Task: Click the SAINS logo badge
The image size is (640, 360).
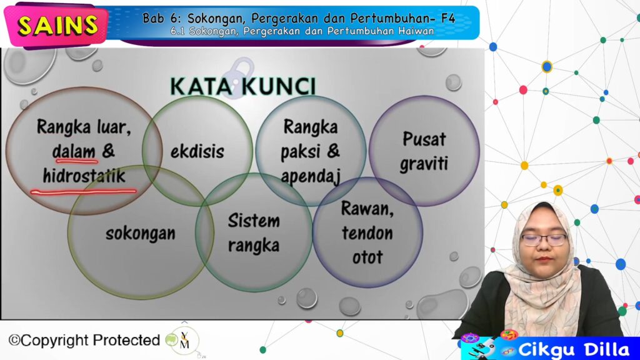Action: point(57,25)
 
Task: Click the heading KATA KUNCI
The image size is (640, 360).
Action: point(243,86)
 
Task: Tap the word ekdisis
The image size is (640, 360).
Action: point(197,151)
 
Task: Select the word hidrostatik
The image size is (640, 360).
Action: point(84,176)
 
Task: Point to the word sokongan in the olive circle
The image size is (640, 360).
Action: point(141,234)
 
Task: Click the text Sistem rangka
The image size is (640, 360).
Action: point(254,233)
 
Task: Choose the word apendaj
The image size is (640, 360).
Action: point(311,177)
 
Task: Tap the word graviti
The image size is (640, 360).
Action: point(424,164)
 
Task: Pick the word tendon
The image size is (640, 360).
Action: point(367,233)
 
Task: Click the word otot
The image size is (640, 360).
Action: point(367,257)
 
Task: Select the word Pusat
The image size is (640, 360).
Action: point(424,139)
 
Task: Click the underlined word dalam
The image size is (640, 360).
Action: point(74,151)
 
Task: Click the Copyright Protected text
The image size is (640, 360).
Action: point(84,340)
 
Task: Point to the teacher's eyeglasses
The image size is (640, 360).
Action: point(544,239)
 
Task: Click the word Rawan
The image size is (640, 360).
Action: point(367,209)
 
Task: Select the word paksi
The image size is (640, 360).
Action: point(300,152)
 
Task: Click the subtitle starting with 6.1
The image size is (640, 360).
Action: point(302,31)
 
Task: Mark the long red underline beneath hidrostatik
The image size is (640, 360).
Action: point(83,191)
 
